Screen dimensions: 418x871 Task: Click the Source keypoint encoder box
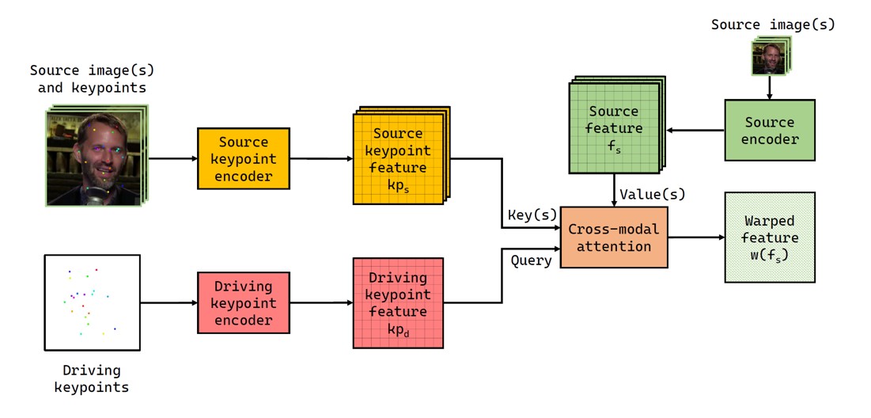(244, 158)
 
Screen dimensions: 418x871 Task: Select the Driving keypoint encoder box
(244, 302)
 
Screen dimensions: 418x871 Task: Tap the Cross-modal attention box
(614, 237)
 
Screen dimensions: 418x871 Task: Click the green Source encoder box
(769, 131)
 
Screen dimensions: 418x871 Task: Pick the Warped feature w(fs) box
(769, 237)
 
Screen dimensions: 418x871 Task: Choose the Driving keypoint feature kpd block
(398, 302)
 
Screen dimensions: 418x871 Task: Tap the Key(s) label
(532, 215)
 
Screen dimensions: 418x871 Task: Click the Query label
(531, 260)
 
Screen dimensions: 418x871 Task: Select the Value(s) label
(653, 194)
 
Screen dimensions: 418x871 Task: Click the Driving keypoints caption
(92, 378)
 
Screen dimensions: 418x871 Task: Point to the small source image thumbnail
(769, 57)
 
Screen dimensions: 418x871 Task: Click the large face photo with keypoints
(93, 158)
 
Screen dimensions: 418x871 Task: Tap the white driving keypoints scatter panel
(92, 302)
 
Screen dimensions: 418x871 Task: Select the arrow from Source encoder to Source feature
(695, 130)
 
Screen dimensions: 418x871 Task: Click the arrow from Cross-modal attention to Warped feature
(696, 237)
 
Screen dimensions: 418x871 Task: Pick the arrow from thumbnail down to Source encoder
(769, 88)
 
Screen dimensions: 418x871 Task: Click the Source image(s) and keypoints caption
(87, 78)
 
